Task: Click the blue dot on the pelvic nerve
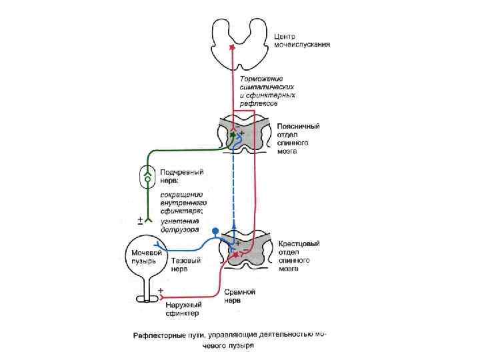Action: coord(215,231)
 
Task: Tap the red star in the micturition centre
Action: coord(232,47)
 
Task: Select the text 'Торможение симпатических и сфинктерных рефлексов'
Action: coord(268,92)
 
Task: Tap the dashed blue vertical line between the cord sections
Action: coord(233,187)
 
